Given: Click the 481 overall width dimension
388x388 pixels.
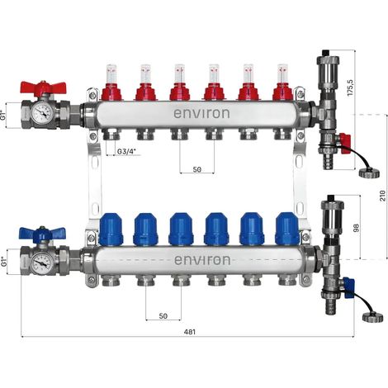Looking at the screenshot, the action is click(x=190, y=332).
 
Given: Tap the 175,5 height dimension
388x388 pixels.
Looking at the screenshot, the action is click(x=350, y=88).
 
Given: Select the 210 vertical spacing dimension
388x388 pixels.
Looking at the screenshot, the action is click(x=383, y=195).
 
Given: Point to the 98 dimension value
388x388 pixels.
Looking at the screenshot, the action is click(x=357, y=228).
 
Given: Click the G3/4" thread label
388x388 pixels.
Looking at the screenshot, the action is click(x=127, y=151).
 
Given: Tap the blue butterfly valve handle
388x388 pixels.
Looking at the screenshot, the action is click(x=42, y=234).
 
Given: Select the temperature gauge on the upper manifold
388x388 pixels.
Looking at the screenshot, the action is click(x=42, y=112).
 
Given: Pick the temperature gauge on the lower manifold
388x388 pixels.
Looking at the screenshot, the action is click(x=41, y=263).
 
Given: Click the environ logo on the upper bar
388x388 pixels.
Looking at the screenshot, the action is click(x=201, y=113).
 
